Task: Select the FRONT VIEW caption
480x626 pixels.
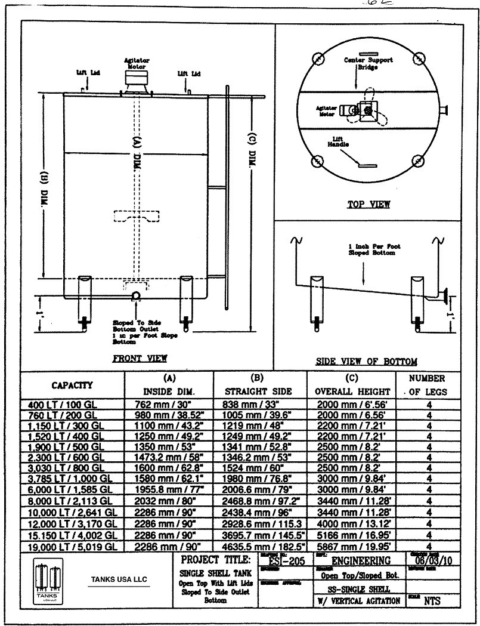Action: [140, 358]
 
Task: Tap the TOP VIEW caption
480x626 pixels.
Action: [368, 205]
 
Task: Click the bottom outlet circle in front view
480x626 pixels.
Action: [136, 296]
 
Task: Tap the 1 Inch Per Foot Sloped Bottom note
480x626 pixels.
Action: [374, 249]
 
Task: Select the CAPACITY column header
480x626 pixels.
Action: [71, 385]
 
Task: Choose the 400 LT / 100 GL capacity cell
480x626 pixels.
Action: [62, 404]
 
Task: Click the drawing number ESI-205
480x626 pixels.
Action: [283, 560]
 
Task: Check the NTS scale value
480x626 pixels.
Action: [432, 601]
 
